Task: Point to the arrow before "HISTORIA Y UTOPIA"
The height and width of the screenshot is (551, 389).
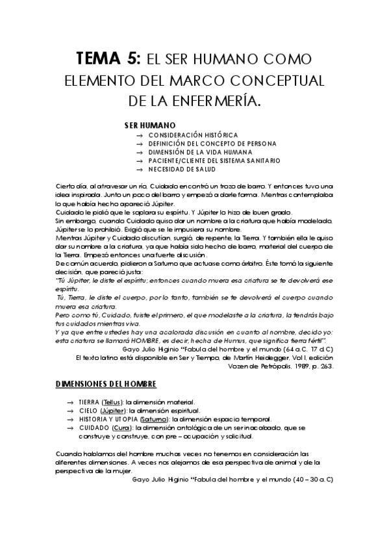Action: pos(69,419)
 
